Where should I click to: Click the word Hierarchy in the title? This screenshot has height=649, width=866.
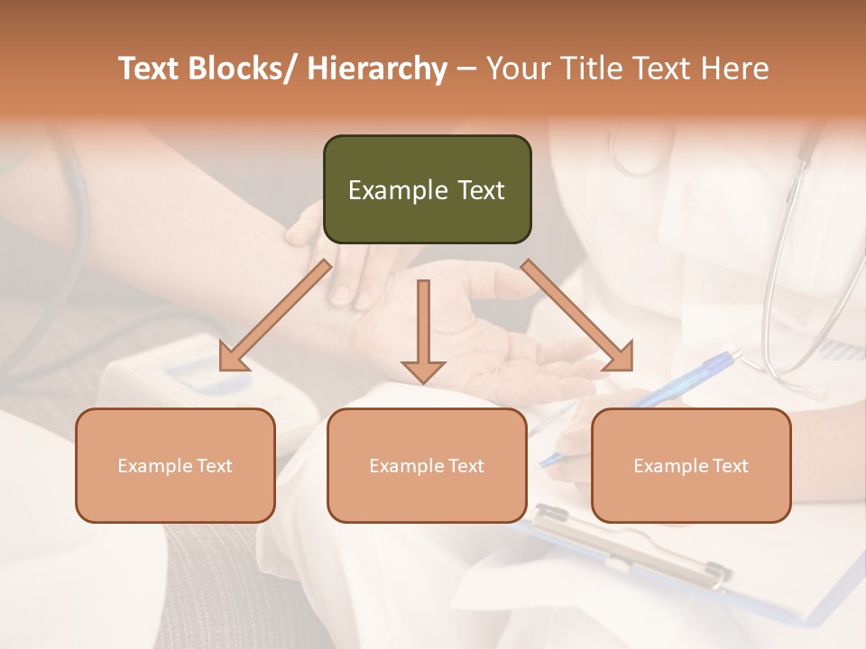(x=377, y=69)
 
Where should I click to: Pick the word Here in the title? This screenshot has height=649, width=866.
(x=735, y=69)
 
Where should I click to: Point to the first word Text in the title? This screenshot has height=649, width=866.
(x=150, y=69)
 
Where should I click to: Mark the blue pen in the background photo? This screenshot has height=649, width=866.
(x=686, y=379)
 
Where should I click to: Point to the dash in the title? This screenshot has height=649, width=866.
(x=466, y=69)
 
